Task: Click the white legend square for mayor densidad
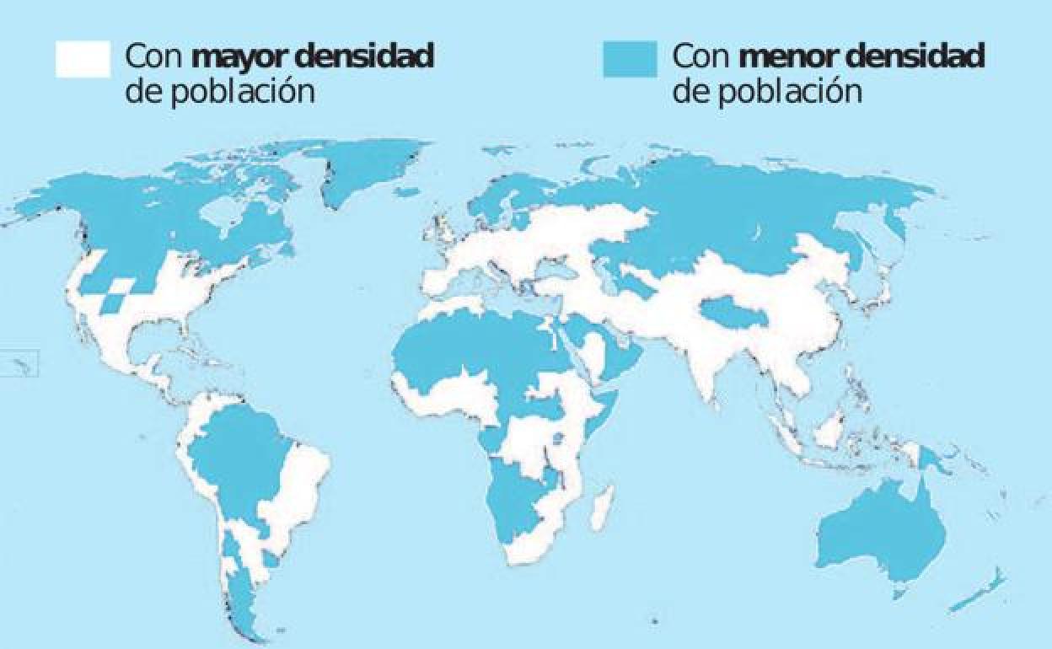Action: point(83,59)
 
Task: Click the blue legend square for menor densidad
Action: point(630,59)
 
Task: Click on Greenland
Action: point(367,169)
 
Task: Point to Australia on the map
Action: point(881,531)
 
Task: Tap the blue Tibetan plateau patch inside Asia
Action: point(733,314)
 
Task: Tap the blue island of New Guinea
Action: point(931,460)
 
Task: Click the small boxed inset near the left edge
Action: point(20,364)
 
